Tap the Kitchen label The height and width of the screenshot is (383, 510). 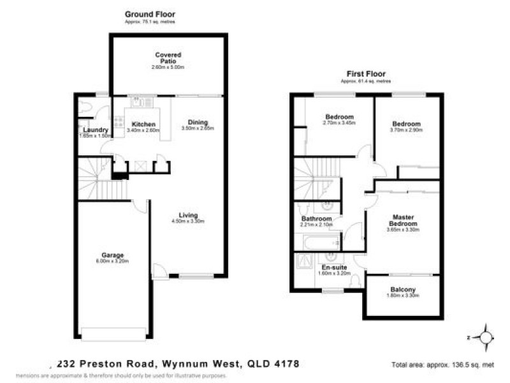click(x=144, y=124)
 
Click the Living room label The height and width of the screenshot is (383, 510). click(x=188, y=215)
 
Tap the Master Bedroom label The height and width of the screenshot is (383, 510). click(x=404, y=220)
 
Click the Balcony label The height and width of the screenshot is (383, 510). click(x=402, y=290)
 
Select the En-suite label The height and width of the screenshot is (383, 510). click(x=335, y=267)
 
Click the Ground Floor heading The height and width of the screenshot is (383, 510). click(x=150, y=14)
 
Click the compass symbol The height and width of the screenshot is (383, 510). click(x=486, y=336)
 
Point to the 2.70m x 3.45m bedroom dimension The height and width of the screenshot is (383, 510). click(x=340, y=123)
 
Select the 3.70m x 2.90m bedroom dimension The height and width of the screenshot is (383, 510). click(x=407, y=130)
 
